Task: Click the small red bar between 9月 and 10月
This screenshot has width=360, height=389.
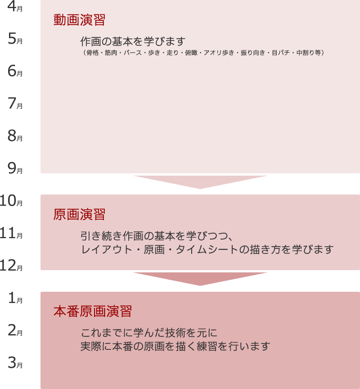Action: click(x=200, y=182)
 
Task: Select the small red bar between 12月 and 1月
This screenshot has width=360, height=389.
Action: click(x=200, y=279)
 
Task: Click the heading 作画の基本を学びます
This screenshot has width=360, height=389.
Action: click(x=133, y=42)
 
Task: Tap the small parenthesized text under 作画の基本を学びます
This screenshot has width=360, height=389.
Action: click(x=203, y=53)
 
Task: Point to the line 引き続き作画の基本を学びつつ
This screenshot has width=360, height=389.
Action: click(x=156, y=236)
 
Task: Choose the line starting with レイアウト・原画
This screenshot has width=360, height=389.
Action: click(x=207, y=249)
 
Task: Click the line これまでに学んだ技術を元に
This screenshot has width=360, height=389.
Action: click(x=149, y=333)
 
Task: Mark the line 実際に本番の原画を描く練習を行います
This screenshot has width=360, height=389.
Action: click(x=175, y=347)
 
